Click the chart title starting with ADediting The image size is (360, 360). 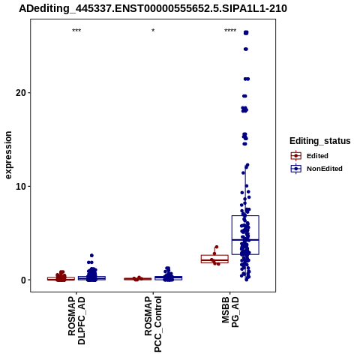[153, 9]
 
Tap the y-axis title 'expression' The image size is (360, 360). [8, 155]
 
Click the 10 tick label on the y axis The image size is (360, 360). [21, 186]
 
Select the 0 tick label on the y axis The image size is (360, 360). [24, 280]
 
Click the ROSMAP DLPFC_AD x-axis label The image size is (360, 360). [76, 321]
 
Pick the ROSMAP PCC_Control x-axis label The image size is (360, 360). [153, 324]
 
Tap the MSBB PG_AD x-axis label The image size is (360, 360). [230, 312]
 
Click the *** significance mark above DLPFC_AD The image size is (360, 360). [76, 31]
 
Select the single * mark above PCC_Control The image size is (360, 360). [153, 31]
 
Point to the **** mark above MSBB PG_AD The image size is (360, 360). [230, 31]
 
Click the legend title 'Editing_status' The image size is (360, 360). [320, 141]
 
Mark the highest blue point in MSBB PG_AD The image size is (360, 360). [246, 33]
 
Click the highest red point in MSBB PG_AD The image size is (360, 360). [217, 247]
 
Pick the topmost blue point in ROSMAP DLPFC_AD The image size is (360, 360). [91, 256]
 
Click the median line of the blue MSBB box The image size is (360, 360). [245, 240]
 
